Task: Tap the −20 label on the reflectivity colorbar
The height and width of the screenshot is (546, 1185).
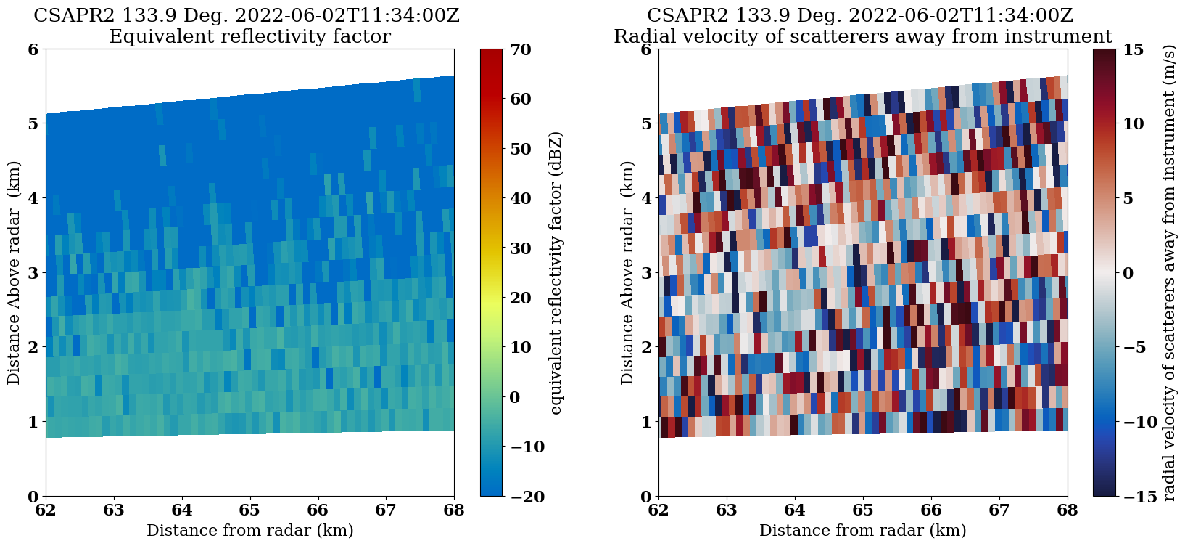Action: click(x=521, y=497)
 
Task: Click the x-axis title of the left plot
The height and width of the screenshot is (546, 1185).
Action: click(x=249, y=531)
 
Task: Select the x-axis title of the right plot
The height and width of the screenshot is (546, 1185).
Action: click(x=862, y=531)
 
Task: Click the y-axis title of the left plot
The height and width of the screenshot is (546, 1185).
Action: click(x=15, y=273)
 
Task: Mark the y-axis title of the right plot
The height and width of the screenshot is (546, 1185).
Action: click(x=627, y=273)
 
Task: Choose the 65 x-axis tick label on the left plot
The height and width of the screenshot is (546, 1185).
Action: click(x=249, y=510)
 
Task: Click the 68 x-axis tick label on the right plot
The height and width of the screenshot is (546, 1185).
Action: click(x=1067, y=510)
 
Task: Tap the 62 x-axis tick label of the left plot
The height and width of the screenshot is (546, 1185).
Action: click(x=46, y=510)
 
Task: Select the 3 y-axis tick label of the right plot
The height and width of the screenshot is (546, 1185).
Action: click(x=645, y=273)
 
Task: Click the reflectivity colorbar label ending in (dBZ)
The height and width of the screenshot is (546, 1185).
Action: click(x=556, y=273)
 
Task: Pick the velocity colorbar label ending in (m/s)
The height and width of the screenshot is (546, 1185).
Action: click(x=1168, y=273)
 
